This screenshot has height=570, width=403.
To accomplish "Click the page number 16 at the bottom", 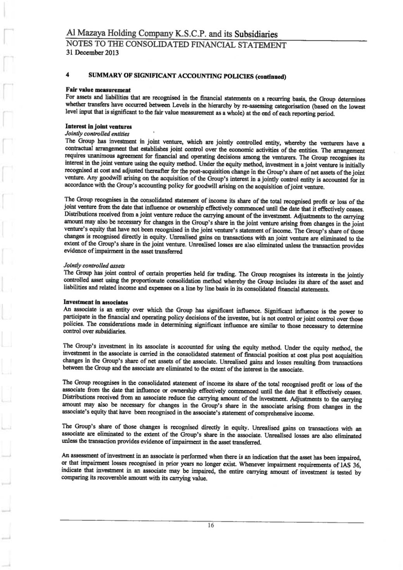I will click(211, 526).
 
